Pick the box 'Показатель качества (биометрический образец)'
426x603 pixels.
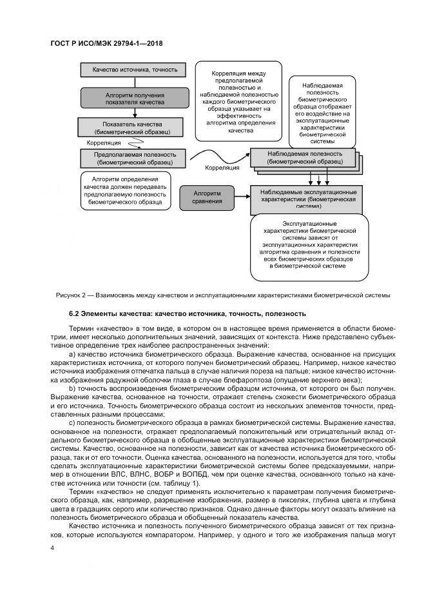(x=131, y=128)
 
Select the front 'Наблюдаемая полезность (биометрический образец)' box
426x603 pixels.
(x=300, y=159)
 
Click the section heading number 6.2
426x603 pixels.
(x=75, y=314)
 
